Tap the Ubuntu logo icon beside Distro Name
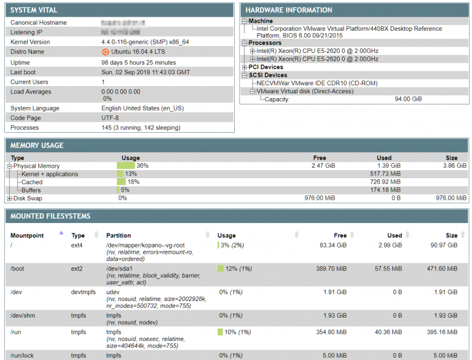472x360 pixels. click(x=105, y=52)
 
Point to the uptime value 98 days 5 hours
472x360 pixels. click(x=138, y=62)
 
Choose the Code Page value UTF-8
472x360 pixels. click(x=110, y=117)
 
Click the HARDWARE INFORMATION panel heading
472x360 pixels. click(x=289, y=10)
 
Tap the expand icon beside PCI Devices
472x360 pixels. click(x=245, y=67)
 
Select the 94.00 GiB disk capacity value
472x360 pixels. click(x=408, y=99)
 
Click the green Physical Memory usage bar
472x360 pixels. click(x=126, y=166)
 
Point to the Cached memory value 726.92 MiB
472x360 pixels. click(x=385, y=182)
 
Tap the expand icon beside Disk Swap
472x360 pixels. click(x=9, y=198)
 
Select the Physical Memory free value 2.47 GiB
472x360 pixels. click(x=323, y=166)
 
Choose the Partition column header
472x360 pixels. click(x=118, y=235)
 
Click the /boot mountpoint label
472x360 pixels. click(x=17, y=268)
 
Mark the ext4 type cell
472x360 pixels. click(x=77, y=245)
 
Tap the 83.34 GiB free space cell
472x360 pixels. click(x=333, y=245)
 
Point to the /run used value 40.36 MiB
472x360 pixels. click(x=387, y=332)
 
